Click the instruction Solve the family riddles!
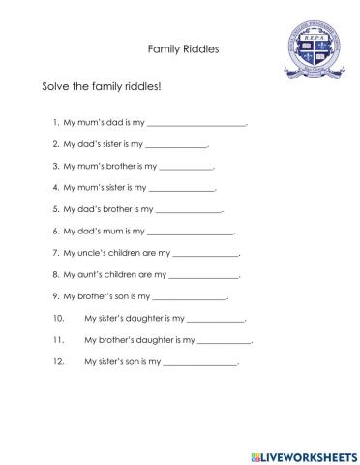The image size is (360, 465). tap(102, 86)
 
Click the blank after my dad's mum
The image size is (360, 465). tap(191, 232)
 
